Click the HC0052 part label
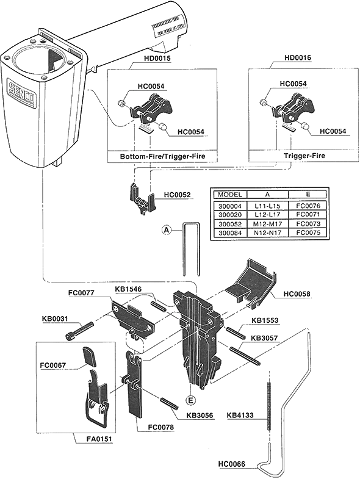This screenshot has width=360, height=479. [178, 195]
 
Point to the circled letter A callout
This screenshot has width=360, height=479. [165, 230]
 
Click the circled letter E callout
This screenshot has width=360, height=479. [191, 400]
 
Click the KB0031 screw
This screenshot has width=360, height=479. [79, 330]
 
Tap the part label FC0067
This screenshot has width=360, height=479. [54, 366]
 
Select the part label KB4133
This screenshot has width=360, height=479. [240, 416]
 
